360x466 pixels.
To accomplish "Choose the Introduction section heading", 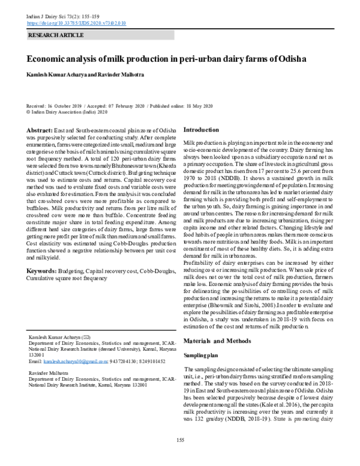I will pos(201,130).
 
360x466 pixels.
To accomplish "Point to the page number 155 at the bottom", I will pos(180,441).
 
